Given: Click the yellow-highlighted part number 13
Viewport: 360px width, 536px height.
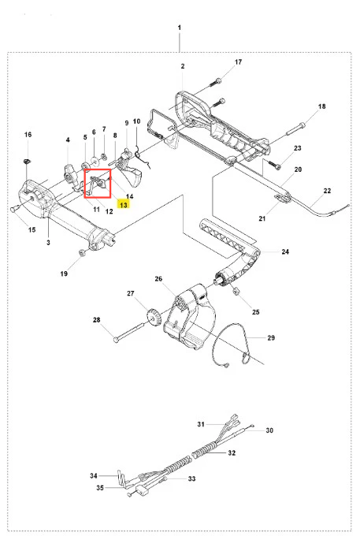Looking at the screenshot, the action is [124, 205].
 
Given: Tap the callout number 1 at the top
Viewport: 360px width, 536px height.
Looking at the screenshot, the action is [180, 28].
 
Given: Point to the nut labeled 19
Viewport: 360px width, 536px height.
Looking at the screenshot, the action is [82, 253].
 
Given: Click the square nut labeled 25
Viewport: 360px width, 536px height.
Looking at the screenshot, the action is [236, 292].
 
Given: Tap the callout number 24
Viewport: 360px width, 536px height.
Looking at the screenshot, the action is [285, 251].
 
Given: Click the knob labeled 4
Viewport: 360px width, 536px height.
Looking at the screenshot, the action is [69, 173].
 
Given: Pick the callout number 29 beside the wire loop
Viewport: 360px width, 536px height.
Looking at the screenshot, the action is [271, 337].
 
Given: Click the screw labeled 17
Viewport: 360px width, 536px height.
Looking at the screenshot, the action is [218, 81].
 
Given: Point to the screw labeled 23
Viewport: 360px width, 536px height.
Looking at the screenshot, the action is [274, 165].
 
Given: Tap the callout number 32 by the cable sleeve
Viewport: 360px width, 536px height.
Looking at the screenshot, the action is [232, 453].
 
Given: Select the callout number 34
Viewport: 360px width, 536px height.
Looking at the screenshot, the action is [94, 475].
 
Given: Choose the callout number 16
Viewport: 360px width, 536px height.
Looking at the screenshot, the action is [28, 134].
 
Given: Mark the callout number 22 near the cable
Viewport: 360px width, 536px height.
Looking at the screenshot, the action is [327, 191].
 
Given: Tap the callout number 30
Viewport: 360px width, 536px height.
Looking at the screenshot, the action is [269, 430].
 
